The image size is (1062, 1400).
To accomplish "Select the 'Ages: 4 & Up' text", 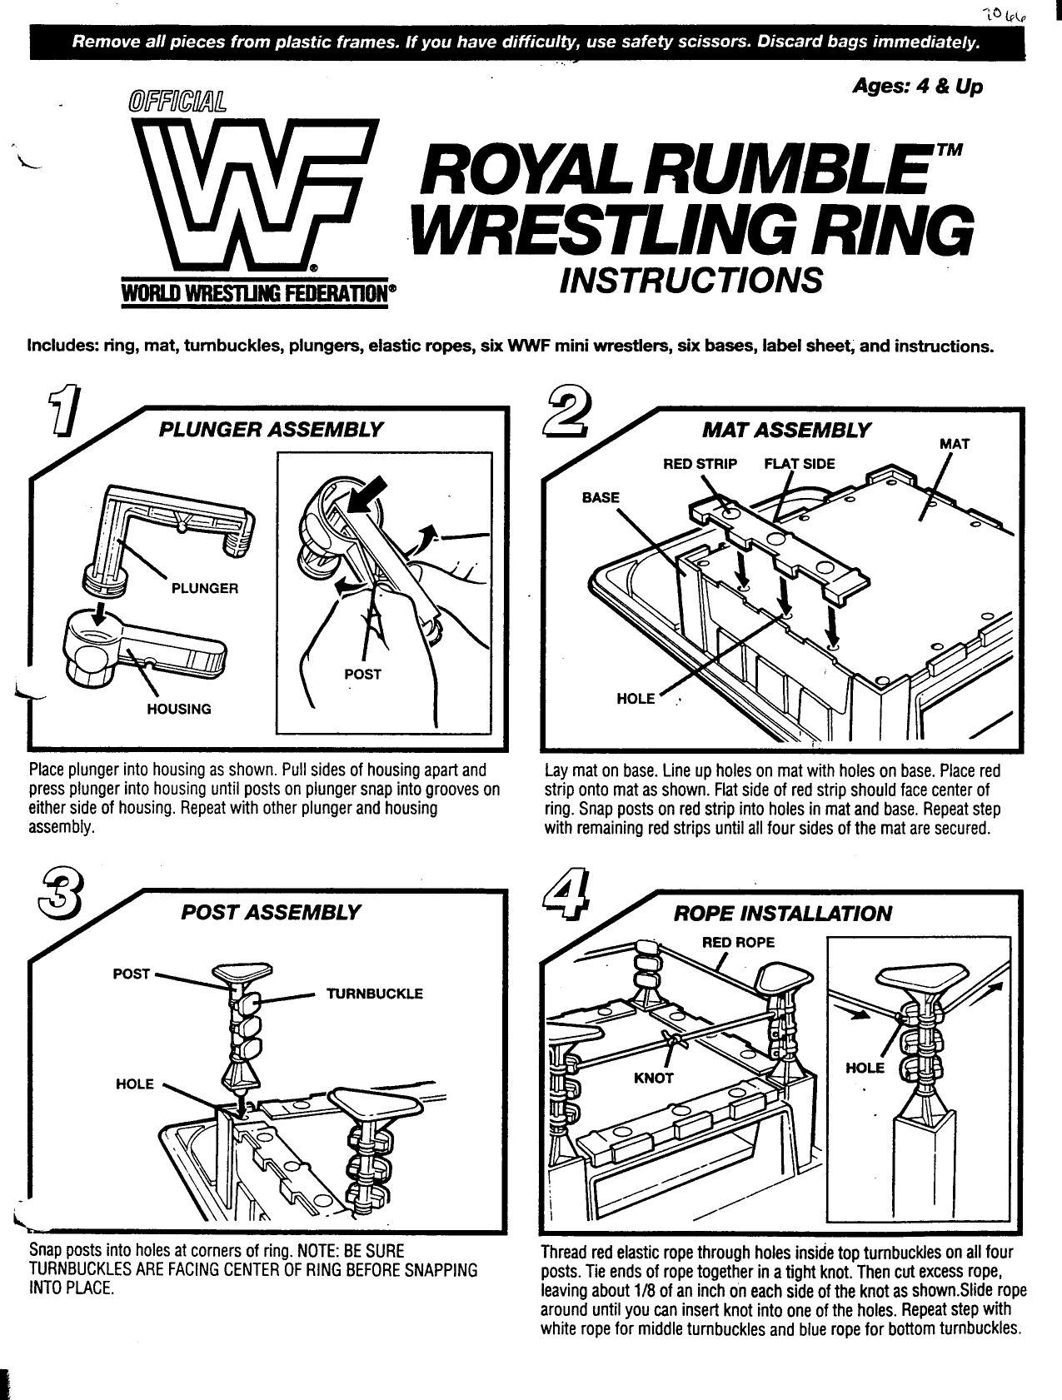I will point(917,87).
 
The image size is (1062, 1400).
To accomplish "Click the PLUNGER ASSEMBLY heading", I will point(272,430).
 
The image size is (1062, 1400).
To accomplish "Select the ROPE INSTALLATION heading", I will point(782,914).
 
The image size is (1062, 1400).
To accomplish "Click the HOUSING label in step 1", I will point(179,710).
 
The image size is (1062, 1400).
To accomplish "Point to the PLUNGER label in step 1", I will point(205,588).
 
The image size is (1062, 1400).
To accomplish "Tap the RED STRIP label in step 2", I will point(700,464).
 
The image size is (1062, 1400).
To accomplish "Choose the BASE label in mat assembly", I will point(601,498).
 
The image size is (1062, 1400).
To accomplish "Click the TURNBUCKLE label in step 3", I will point(375,994).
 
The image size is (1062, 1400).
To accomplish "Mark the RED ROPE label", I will point(738,942).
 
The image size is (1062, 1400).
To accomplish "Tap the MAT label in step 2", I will point(955,444).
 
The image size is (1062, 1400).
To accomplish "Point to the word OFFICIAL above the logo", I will point(176,102).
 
